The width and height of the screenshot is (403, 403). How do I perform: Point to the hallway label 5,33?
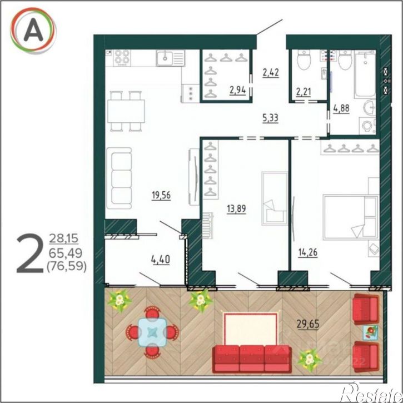click(271, 117)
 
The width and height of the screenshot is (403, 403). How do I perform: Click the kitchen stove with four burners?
click(123, 57)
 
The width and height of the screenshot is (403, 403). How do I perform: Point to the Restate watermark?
click(370, 394)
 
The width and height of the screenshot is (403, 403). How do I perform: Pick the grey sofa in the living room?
click(120, 176)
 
